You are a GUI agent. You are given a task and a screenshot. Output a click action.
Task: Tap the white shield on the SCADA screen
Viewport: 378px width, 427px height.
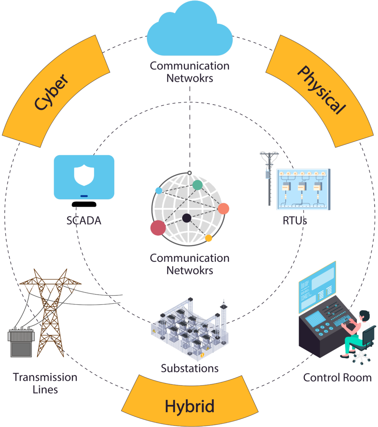[84, 175]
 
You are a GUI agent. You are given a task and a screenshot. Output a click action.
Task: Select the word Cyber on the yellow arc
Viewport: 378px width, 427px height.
[52, 91]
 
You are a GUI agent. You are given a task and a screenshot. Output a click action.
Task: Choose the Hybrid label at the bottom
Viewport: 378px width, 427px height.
[190, 406]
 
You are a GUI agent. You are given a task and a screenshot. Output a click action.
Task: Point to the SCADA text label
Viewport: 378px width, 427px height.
[84, 221]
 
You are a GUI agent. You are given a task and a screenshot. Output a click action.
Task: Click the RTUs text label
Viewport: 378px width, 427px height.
[295, 221]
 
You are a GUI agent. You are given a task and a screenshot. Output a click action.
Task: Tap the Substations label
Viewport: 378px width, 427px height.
[190, 368]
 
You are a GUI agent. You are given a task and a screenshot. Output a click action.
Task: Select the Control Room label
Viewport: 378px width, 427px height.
[337, 378]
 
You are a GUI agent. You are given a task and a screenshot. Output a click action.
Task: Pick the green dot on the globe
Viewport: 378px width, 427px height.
[197, 185]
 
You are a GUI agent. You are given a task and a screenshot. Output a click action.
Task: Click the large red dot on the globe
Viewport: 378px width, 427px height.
[158, 228]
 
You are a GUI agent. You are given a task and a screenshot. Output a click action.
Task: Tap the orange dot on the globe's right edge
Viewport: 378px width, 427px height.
[223, 208]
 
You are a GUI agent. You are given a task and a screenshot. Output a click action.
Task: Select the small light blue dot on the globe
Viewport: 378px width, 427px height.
[158, 190]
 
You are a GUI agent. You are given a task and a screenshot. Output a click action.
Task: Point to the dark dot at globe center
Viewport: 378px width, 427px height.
[187, 218]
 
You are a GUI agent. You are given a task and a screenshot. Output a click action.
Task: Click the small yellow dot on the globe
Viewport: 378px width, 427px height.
[208, 238]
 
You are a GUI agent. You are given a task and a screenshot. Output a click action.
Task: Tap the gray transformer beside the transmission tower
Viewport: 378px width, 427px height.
[21, 342]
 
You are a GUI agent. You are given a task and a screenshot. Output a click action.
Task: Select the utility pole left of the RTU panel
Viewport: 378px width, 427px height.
[269, 178]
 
